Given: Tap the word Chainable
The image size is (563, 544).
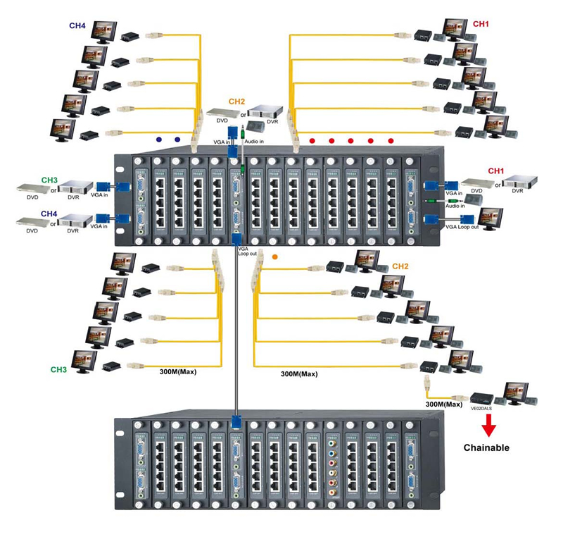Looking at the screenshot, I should pyautogui.click(x=486, y=447).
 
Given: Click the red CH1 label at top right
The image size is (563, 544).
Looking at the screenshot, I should pyautogui.click(x=481, y=24).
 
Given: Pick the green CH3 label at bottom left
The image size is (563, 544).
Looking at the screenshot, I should pyautogui.click(x=59, y=369).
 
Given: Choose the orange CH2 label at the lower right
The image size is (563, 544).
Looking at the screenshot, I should pyautogui.click(x=400, y=266).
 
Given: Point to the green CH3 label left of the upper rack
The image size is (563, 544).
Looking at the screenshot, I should pyautogui.click(x=49, y=180).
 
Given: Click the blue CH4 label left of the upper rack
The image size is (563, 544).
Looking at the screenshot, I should pyautogui.click(x=49, y=212).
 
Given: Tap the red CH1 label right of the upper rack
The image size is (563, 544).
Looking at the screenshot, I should pyautogui.click(x=497, y=171).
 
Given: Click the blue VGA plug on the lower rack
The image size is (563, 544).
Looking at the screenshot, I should pyautogui.click(x=235, y=423).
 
